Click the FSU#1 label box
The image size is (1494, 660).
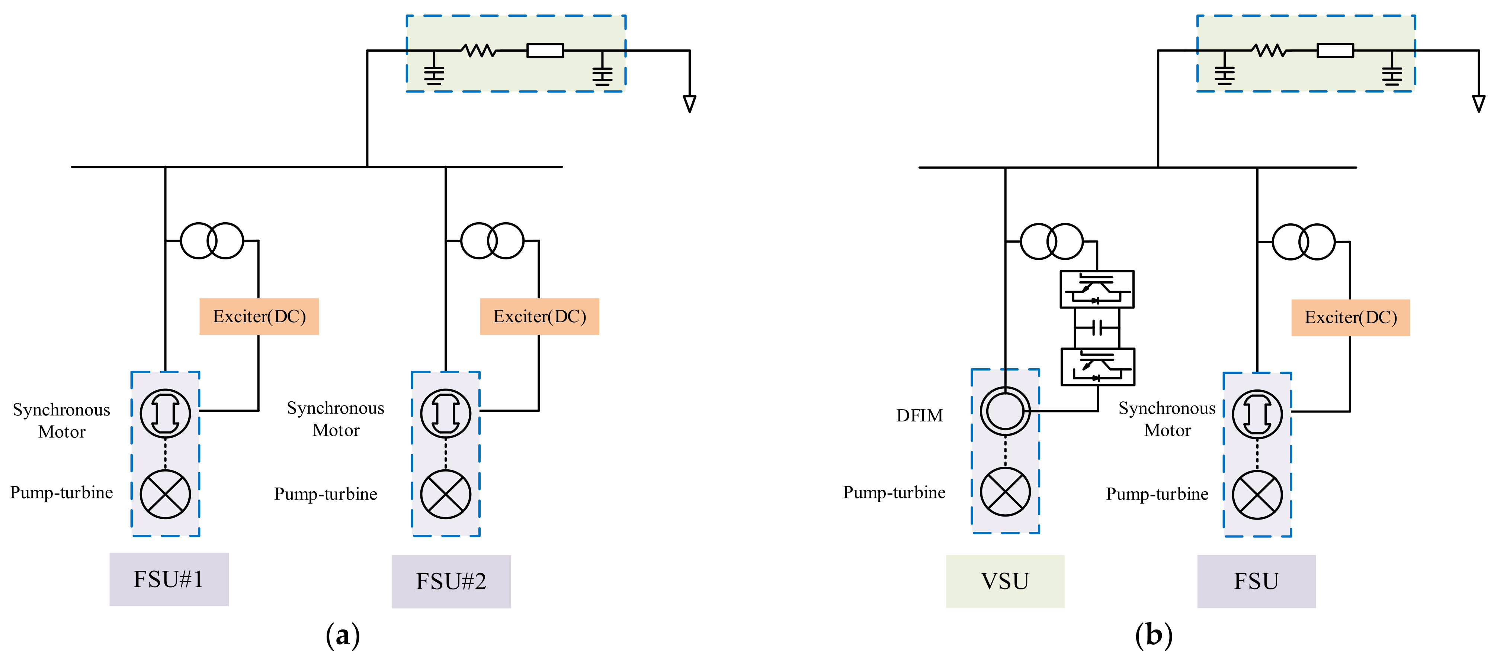pyautogui.click(x=169, y=579)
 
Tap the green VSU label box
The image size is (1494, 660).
pyautogui.click(x=1005, y=581)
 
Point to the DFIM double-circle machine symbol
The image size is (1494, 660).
pyautogui.click(x=1005, y=411)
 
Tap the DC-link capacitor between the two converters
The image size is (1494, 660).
pyautogui.click(x=1097, y=328)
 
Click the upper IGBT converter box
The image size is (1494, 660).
pyautogui.click(x=1097, y=289)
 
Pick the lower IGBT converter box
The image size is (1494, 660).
pyautogui.click(x=1097, y=367)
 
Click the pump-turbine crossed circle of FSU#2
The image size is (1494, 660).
pyautogui.click(x=445, y=494)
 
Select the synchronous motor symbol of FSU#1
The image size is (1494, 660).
pyautogui.click(x=165, y=413)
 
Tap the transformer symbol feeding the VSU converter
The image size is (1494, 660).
pyautogui.click(x=1051, y=241)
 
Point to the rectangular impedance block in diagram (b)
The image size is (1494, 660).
pyautogui.click(x=1335, y=51)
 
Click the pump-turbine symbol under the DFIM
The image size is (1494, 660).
pyautogui.click(x=1005, y=492)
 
